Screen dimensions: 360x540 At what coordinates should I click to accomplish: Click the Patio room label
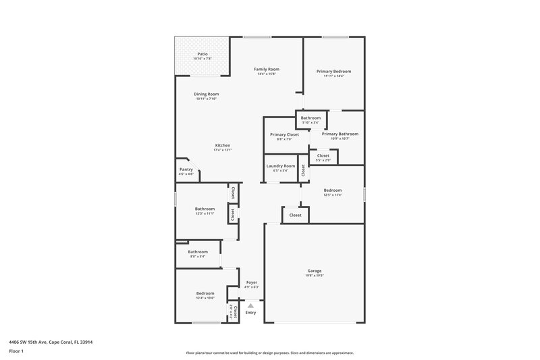coord(202,54)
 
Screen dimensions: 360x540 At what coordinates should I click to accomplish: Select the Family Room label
coord(267,69)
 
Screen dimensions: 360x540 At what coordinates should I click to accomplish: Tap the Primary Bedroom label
coord(333,71)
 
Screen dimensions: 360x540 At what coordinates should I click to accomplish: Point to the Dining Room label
coord(207,94)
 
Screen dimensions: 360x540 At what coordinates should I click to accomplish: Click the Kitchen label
coord(223,145)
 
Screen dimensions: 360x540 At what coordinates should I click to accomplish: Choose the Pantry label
coord(186,170)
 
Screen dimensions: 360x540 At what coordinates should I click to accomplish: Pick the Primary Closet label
coord(284,134)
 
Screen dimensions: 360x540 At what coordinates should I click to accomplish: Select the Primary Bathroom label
coord(340,134)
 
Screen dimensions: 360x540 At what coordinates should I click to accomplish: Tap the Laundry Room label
coord(280,165)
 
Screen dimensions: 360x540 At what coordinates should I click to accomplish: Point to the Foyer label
coord(251,282)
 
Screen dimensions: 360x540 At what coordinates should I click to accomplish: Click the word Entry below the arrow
coord(250,313)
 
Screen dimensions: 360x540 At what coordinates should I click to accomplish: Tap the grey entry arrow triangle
coord(250,305)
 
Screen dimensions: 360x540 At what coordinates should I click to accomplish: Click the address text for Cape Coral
coord(51,342)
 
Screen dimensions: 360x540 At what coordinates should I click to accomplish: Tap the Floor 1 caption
coord(16,352)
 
